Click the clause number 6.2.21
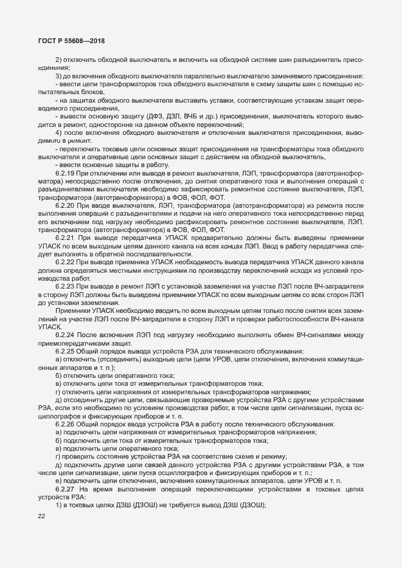[x=65, y=237]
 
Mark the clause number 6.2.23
[x=65, y=285]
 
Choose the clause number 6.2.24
[x=65, y=334]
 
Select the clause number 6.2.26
[x=65, y=423]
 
